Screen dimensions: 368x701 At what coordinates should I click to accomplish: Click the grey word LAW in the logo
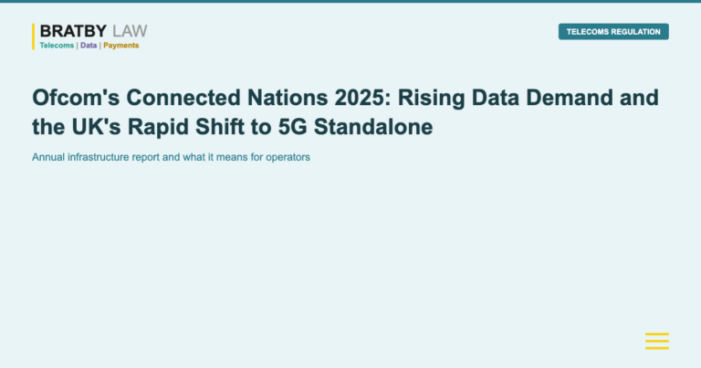pos(130,32)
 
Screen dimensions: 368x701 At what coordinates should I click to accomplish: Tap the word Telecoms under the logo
pos(57,46)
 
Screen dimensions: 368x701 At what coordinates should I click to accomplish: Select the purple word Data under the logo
pos(89,46)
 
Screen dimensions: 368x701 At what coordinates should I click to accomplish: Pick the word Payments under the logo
pos(121,46)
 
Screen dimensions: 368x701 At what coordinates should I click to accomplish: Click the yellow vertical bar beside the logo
pos(34,37)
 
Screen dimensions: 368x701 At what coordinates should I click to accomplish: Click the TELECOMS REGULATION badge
pos(613,32)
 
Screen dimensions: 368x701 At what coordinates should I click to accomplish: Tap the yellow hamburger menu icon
pos(657,342)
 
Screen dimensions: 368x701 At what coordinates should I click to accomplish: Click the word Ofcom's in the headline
pos(70,98)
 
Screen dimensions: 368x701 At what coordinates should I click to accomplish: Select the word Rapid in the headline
pos(165,128)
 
